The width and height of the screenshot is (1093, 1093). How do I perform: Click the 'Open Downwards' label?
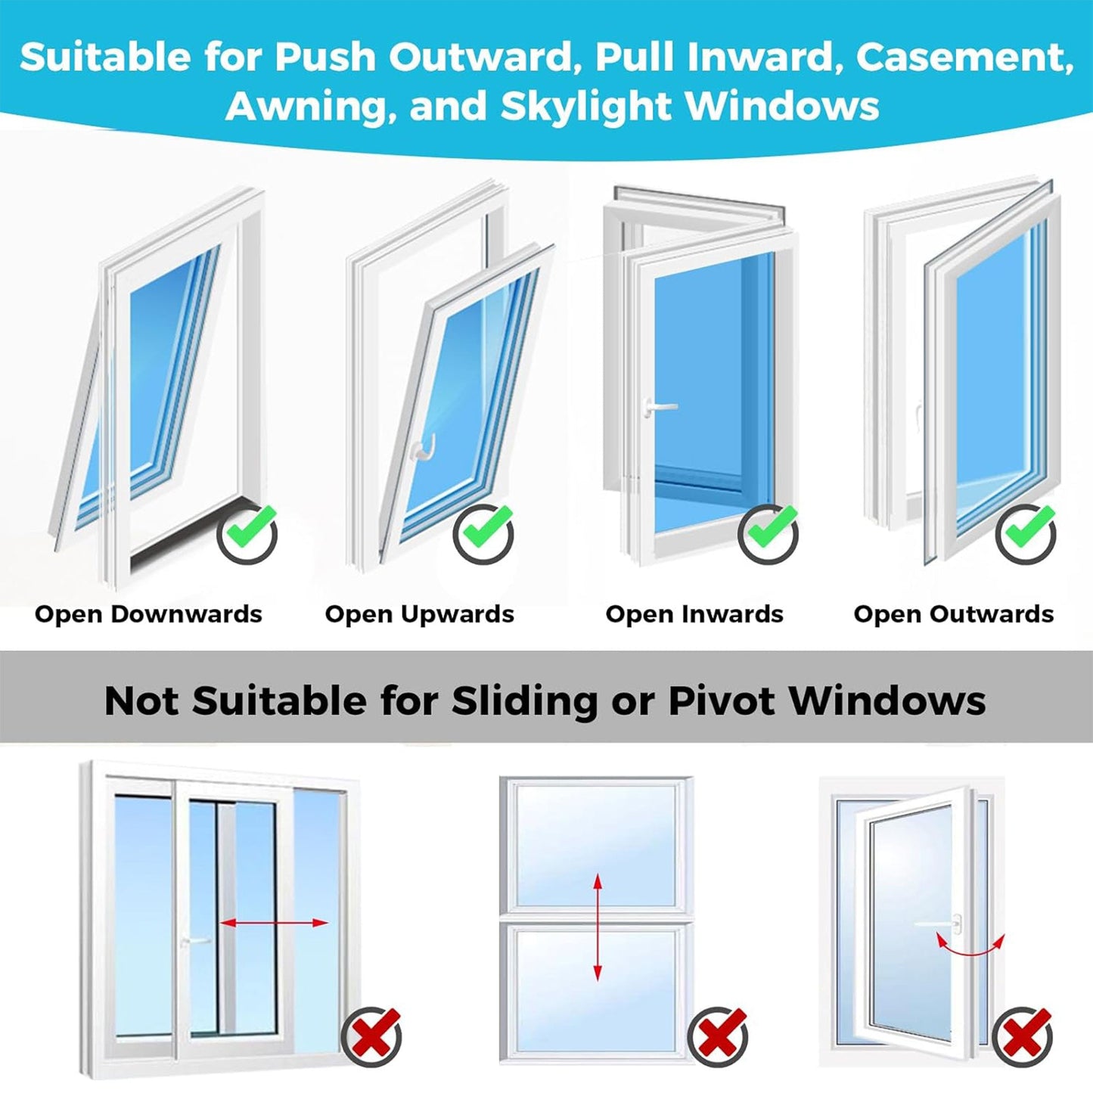point(148,614)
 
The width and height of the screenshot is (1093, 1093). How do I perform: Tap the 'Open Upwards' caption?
point(419,614)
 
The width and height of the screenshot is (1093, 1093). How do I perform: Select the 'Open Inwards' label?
point(694,614)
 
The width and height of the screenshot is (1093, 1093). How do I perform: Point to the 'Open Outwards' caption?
point(953,614)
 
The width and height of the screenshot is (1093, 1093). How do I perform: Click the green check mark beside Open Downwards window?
point(247,533)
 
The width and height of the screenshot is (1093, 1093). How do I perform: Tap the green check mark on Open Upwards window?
point(484,533)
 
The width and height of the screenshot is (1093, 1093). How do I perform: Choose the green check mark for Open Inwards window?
point(769,533)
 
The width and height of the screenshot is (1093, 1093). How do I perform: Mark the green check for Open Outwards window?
point(1026,533)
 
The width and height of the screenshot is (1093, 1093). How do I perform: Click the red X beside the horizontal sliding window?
point(372,1037)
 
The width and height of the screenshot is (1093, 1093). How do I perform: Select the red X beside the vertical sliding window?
point(719,1037)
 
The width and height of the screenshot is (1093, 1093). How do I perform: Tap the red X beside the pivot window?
point(1023,1037)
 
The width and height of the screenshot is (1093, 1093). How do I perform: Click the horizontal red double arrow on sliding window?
point(274,923)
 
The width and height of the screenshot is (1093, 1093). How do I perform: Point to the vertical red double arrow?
point(598,927)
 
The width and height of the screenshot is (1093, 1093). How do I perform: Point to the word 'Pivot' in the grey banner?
point(723,700)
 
